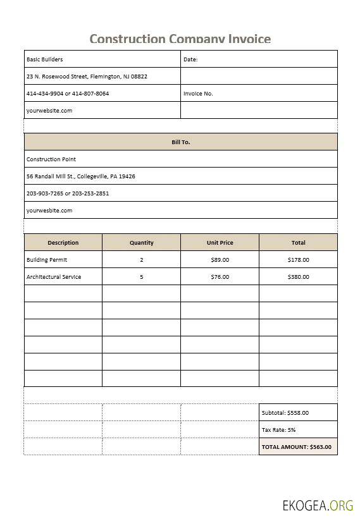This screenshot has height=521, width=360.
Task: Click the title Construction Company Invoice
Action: pos(180,39)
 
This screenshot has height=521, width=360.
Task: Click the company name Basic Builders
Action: pos(45,59)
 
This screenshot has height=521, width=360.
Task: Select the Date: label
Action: pos(190,59)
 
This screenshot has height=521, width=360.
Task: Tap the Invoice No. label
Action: pos(198,94)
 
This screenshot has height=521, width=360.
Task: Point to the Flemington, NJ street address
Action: pos(87,77)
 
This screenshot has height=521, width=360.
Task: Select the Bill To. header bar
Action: pos(180,142)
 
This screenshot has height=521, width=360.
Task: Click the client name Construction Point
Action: pos(51,159)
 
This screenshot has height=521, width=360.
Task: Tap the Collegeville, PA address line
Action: pos(80,176)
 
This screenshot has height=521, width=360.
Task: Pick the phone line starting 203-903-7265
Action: pos(68,193)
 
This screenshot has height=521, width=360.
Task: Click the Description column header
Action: pos(63,243)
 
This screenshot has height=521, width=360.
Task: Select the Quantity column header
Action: pos(141,243)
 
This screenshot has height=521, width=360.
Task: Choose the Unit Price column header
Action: pos(220,243)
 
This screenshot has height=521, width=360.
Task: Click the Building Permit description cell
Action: pos(47,260)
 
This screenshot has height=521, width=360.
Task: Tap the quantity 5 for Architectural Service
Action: pos(141,277)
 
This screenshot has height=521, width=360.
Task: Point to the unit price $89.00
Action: pos(220,260)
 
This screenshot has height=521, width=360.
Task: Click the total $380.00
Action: pos(298,277)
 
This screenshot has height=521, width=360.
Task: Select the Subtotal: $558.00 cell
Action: pos(285,413)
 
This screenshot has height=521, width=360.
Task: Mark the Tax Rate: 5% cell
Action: pos(279,430)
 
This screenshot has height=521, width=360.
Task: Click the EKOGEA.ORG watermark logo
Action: pos(318,505)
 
